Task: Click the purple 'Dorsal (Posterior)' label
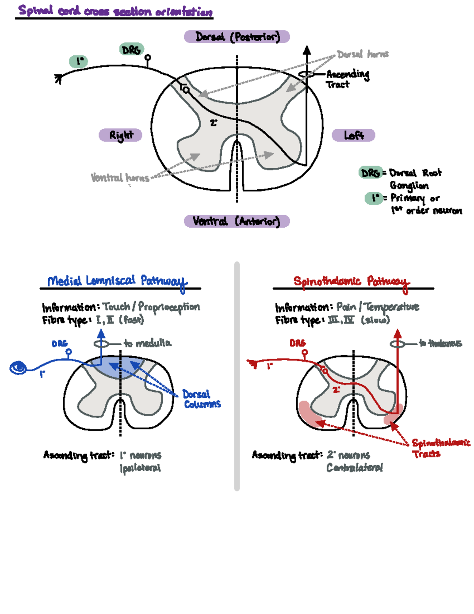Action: (237, 37)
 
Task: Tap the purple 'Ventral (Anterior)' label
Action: (237, 221)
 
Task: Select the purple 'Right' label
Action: (120, 135)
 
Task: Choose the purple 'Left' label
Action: (353, 135)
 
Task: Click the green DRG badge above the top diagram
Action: (131, 50)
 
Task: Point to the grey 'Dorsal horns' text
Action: (363, 54)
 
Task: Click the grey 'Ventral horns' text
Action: (120, 178)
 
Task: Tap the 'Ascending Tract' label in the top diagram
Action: (347, 79)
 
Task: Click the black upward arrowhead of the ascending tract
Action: (307, 50)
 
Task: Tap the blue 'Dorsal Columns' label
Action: (202, 399)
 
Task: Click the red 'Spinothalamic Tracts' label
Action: (440, 448)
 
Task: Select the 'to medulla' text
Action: (147, 343)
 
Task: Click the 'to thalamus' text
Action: (440, 343)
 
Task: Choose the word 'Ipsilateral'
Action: (140, 468)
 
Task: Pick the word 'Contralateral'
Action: (354, 468)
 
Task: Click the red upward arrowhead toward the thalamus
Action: (397, 334)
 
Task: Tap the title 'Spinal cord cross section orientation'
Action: (115, 11)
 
